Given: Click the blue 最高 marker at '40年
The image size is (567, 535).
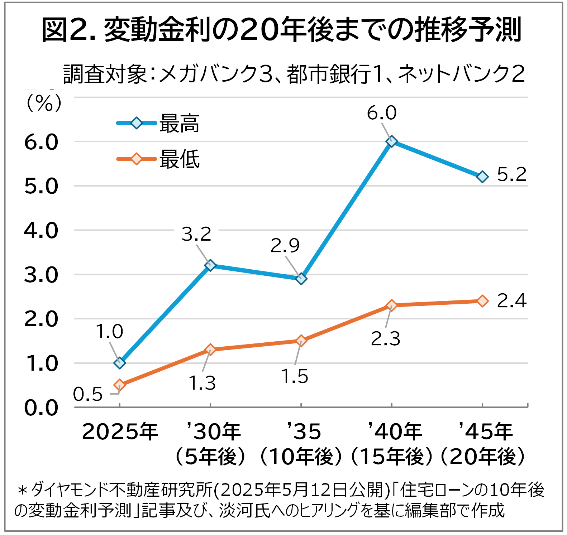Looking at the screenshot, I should (392, 141).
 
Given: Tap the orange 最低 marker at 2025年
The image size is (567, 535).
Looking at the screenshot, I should (119, 385).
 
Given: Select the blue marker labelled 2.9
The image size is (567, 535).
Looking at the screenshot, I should (301, 278).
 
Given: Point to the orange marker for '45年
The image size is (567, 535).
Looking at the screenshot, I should (483, 301).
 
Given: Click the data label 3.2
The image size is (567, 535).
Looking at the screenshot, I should (196, 235).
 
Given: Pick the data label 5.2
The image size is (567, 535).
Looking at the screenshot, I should (511, 174).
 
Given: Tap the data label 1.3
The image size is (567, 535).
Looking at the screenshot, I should (202, 383).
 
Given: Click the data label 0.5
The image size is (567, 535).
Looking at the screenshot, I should (88, 394).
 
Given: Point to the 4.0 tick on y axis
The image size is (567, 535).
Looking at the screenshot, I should (41, 230).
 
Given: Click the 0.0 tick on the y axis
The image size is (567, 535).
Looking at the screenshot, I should (41, 408).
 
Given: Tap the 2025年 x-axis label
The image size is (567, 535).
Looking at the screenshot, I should (120, 432).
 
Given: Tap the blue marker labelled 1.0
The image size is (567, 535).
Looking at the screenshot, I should (119, 363).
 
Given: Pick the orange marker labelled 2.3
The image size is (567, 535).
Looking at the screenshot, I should (392, 305).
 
